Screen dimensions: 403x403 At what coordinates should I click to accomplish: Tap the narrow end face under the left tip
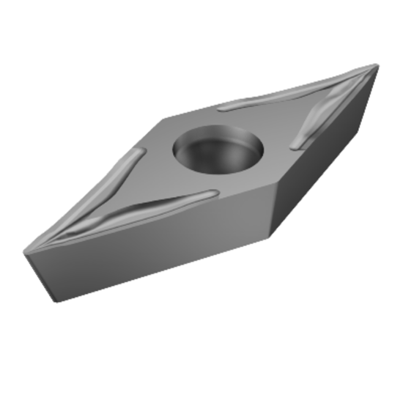point(40,275)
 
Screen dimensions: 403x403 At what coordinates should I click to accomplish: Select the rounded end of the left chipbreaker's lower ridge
point(212,194)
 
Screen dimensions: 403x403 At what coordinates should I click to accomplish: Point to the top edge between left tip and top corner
point(95,183)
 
